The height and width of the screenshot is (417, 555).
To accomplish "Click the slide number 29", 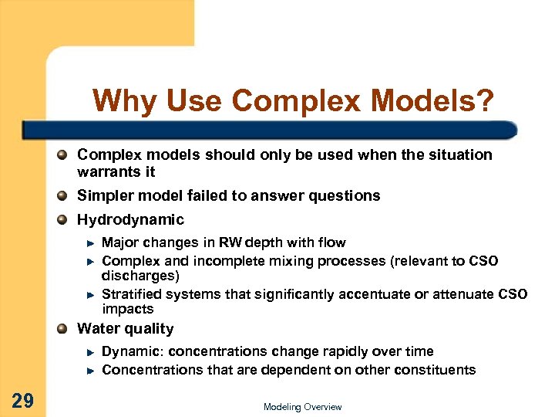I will click(x=23, y=400).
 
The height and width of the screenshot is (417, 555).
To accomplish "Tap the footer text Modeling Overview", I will click(x=302, y=407).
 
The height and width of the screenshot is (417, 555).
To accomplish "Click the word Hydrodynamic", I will click(x=130, y=220).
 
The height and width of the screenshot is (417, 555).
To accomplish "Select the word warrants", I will click(x=106, y=171).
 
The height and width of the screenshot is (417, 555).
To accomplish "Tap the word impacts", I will click(x=127, y=309).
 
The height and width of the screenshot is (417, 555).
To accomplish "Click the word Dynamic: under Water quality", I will click(x=131, y=351).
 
